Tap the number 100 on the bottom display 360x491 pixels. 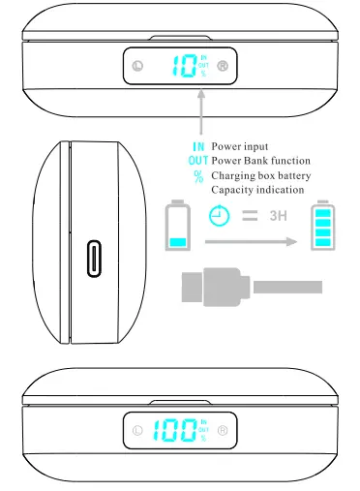click(x=173, y=430)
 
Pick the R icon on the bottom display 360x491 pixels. click(x=223, y=430)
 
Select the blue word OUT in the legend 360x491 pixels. click(x=197, y=160)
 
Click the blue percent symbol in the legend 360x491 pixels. click(x=199, y=175)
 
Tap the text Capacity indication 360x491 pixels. click(x=257, y=190)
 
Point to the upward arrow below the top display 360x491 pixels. click(x=200, y=111)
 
